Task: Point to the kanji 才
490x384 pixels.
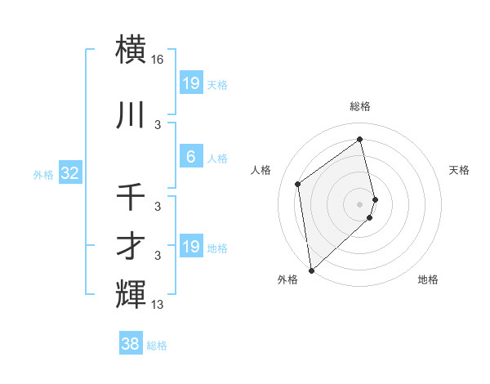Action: pos(131,247)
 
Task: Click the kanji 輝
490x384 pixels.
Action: pos(131,294)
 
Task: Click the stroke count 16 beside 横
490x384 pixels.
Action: pos(158,60)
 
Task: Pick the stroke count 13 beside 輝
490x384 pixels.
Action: pos(158,306)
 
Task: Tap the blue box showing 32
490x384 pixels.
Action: pos(69,173)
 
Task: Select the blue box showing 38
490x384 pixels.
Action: pos(131,344)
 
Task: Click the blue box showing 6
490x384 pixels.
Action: pos(190,157)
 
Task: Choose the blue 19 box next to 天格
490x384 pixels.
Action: pos(190,83)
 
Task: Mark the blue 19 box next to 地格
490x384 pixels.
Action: pos(190,247)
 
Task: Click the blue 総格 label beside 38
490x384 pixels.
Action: pos(157,346)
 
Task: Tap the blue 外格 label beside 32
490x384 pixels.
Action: pos(43,174)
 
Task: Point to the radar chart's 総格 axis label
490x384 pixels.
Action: pos(360,106)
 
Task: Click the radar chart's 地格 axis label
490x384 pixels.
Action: pos(428,279)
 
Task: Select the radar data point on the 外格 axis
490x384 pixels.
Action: pos(311,270)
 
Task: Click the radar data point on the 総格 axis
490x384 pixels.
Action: pos(360,139)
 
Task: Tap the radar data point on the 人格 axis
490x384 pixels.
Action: pos(298,184)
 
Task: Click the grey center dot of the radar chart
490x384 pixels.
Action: pos(360,203)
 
